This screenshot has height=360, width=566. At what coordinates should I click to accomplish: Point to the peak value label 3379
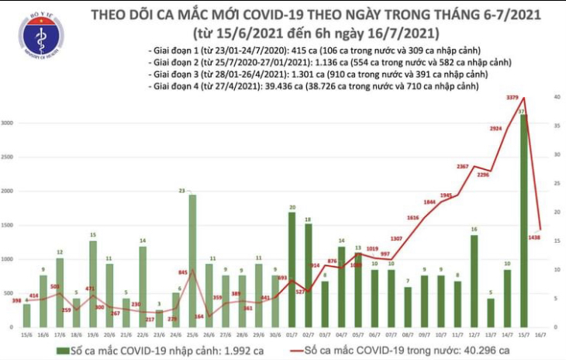pyautogui.click(x=513, y=97)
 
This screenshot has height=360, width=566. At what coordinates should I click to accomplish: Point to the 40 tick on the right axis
pyautogui.click(x=556, y=97)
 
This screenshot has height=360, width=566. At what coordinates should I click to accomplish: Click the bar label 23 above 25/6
pyautogui.click(x=180, y=190)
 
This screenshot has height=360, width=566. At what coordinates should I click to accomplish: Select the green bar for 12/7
pyautogui.click(x=475, y=280)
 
